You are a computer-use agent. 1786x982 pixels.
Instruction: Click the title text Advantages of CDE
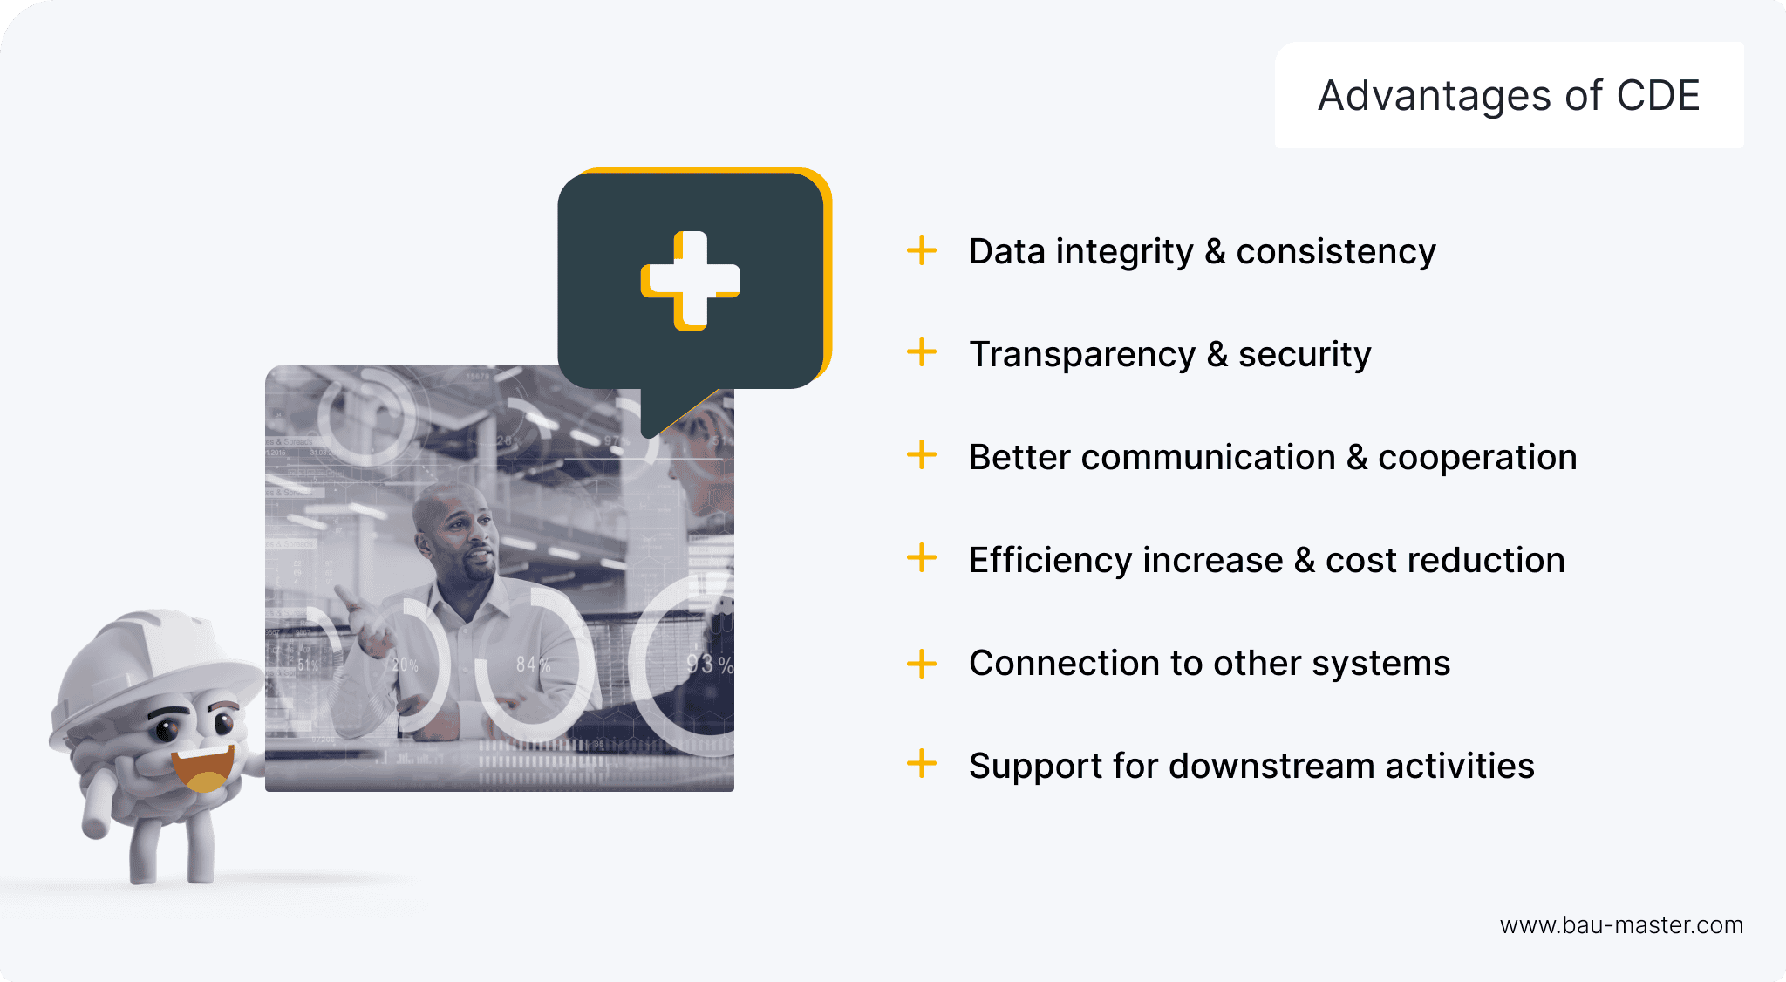1509,96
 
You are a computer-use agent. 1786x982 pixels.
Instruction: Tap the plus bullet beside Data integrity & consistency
922,250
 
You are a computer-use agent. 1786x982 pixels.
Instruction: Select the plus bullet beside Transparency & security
922,353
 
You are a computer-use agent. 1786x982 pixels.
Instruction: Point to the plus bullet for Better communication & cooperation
922,455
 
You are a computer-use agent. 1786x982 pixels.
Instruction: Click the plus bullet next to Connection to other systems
922,663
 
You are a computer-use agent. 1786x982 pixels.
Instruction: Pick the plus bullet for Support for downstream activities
922,764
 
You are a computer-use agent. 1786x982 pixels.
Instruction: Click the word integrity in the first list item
1125,252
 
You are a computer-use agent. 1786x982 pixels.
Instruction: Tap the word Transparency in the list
1082,355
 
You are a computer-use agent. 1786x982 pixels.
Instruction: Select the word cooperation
1477,458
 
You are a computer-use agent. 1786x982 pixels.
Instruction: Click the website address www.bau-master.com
1621,925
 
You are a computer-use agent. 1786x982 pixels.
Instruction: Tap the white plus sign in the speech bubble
691,280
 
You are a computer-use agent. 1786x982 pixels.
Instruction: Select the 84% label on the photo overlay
533,665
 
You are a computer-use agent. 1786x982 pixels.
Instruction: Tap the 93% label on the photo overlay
709,665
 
